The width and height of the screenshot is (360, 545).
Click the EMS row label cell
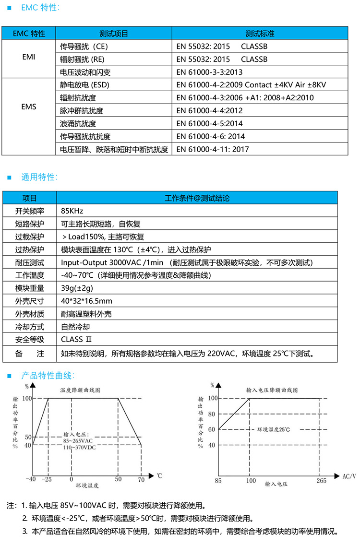click(29, 107)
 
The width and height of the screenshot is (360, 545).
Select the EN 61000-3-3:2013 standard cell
click(209, 72)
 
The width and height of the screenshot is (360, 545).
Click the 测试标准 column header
click(260, 34)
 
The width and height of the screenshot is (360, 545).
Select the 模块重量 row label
click(30, 288)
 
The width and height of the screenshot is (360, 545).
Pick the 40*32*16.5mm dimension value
click(86, 301)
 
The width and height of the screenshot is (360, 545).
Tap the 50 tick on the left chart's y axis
click(28, 437)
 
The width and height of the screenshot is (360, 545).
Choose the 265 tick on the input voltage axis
click(321, 480)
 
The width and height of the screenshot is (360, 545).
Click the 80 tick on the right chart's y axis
click(211, 414)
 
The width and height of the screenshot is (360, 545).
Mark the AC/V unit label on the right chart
click(349, 476)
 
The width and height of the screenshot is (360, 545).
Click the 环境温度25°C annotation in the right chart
click(274, 429)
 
